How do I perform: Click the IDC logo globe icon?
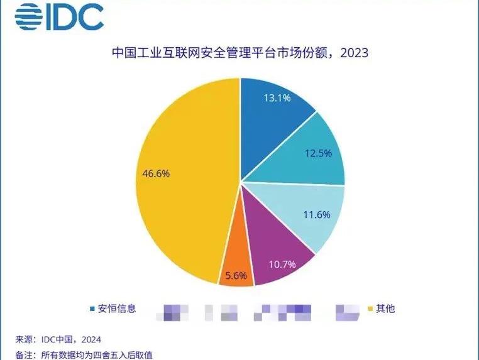(27, 18)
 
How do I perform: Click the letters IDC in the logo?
(74, 18)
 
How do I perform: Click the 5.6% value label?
(236, 275)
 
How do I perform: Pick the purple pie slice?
(277, 245)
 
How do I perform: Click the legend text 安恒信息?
(116, 308)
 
